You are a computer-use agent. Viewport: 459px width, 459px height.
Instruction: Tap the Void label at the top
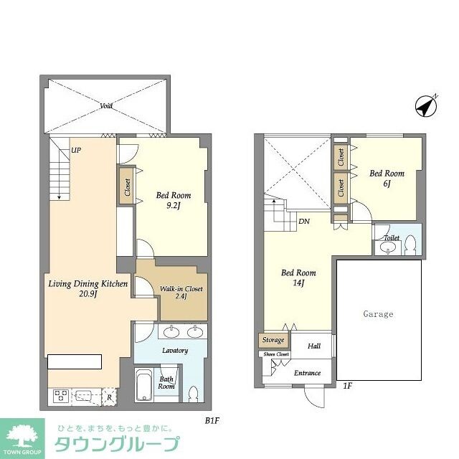[106, 105]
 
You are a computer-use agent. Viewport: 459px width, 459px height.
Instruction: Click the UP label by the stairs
[76, 151]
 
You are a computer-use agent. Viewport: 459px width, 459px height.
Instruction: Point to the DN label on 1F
[304, 221]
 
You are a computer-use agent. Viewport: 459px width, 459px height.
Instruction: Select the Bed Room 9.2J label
[171, 199]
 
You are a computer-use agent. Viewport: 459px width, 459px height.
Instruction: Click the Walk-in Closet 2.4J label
[181, 293]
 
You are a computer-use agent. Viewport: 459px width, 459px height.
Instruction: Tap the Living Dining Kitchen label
[87, 289]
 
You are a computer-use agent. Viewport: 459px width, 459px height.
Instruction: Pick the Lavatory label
[174, 351]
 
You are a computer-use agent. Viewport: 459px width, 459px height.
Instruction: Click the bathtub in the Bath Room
[143, 385]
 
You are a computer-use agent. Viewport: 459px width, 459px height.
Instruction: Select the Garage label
[377, 314]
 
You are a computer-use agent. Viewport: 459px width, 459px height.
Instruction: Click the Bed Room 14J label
[298, 278]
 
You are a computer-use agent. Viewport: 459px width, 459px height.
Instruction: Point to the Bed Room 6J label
[387, 179]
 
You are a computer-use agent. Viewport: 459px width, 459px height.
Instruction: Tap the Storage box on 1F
[273, 340]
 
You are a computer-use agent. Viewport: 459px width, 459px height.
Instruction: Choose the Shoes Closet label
[276, 354]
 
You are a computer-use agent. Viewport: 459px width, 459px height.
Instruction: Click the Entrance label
[307, 374]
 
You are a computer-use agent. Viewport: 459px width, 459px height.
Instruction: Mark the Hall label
[314, 346]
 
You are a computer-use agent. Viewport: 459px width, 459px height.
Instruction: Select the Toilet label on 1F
[392, 237]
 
